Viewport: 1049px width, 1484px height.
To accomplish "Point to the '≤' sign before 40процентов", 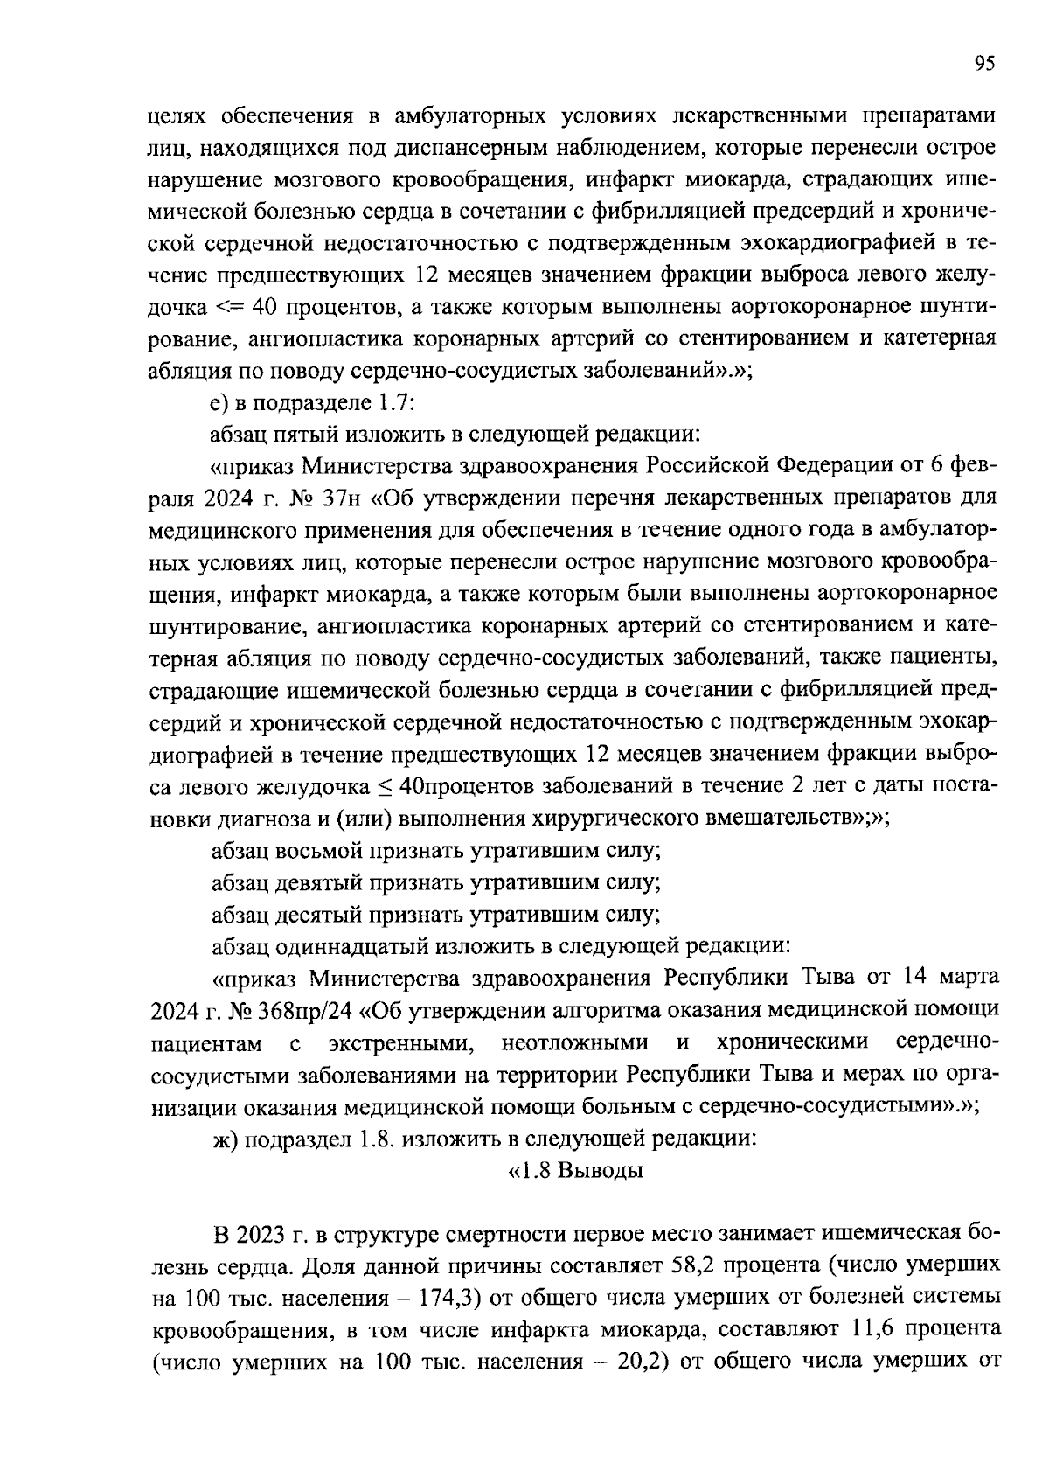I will [x=385, y=786].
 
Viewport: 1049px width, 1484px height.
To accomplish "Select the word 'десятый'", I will [x=320, y=915].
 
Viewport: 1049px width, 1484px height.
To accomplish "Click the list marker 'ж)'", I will [x=226, y=1139].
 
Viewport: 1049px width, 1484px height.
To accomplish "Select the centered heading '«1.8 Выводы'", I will [x=575, y=1171].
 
